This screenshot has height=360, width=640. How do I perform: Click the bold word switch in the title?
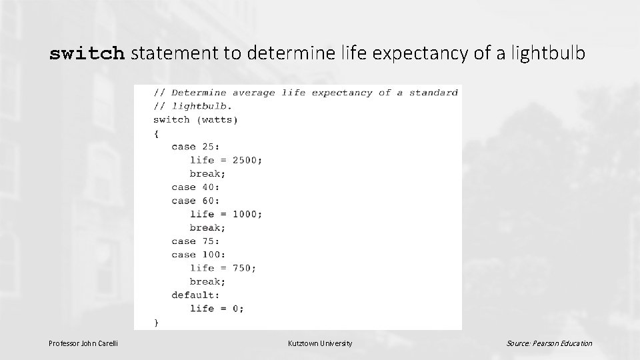point(87,54)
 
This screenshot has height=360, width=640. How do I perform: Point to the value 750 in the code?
point(241,268)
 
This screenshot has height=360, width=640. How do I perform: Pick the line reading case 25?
point(195,147)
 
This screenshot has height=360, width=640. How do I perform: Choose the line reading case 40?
point(195,187)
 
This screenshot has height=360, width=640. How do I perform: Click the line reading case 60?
point(195,201)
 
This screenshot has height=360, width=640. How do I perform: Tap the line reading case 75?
point(195,241)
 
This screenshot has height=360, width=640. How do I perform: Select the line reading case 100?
point(199,255)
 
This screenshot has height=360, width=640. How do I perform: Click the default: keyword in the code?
point(195,295)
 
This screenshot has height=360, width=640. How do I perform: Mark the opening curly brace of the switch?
point(157,133)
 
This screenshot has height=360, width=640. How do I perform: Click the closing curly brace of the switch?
point(157,322)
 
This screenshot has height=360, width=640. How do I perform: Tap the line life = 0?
point(217,309)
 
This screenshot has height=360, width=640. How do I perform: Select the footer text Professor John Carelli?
point(83,343)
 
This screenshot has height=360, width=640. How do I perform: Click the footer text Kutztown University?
point(320,343)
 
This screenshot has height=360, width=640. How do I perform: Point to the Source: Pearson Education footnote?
point(549,343)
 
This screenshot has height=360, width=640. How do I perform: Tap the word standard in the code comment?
point(433,93)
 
